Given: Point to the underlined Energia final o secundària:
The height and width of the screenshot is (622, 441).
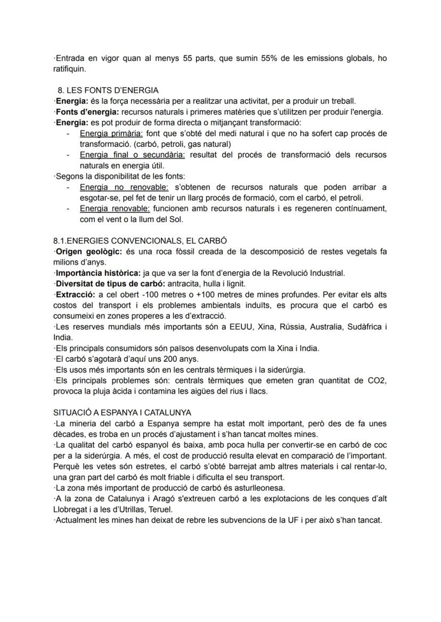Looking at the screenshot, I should [132, 154].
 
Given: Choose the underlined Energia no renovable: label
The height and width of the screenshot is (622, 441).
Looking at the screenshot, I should [124, 187].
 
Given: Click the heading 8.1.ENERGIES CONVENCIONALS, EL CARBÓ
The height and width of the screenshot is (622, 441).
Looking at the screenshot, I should [140, 241].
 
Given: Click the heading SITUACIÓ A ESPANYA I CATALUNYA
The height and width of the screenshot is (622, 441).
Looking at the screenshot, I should [122, 413].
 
